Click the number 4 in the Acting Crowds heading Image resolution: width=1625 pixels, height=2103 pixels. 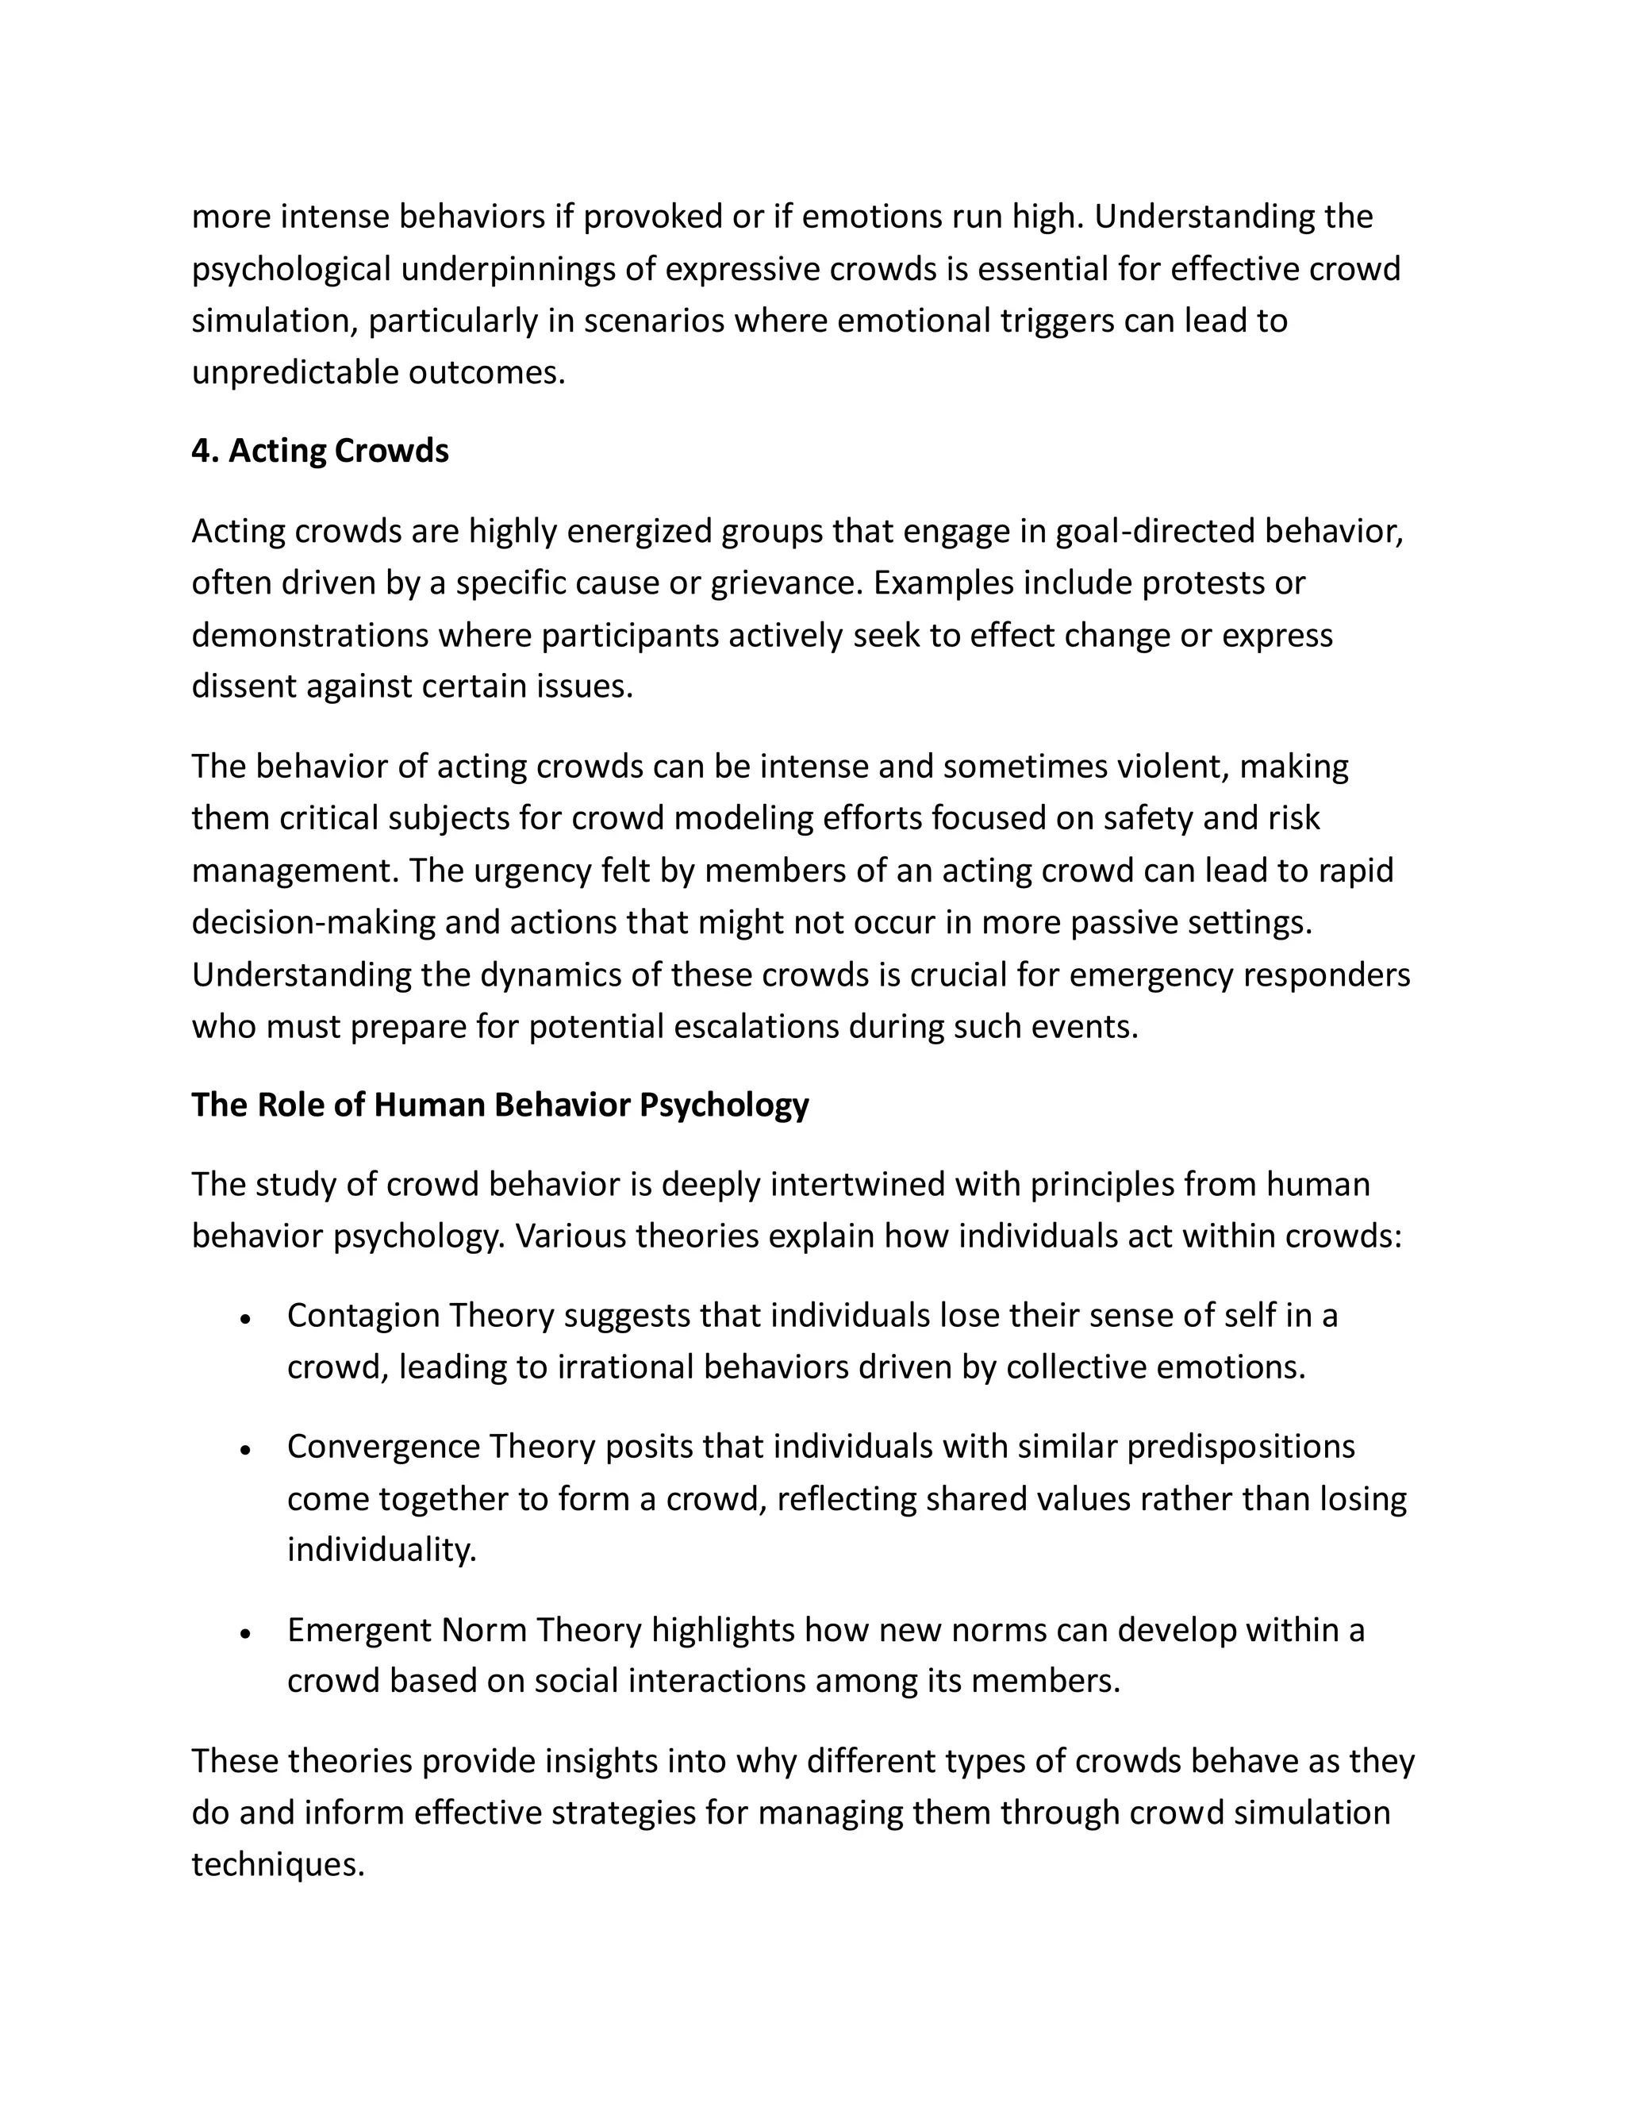[200, 451]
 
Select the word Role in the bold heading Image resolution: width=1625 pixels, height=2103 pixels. [290, 1105]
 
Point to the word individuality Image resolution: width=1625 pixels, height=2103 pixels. [381, 1551]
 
